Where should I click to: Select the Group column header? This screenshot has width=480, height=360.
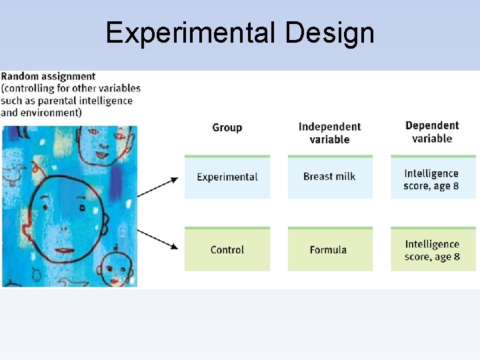[227, 127]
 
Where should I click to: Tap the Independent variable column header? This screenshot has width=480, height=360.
[329, 133]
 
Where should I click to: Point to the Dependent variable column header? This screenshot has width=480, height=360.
[432, 132]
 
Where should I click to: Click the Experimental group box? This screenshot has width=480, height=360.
[227, 177]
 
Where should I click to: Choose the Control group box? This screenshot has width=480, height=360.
[227, 250]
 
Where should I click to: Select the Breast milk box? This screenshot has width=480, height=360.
[329, 177]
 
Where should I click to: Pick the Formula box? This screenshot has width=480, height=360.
[329, 250]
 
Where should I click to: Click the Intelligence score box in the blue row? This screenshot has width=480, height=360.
[432, 179]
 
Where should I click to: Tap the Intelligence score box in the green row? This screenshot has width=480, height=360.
[433, 250]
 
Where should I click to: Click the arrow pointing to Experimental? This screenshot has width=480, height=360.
[159, 187]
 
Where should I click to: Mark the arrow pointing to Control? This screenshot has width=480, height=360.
[159, 238]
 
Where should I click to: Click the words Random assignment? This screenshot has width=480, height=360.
[48, 77]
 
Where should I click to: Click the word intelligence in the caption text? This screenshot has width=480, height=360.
[104, 101]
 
